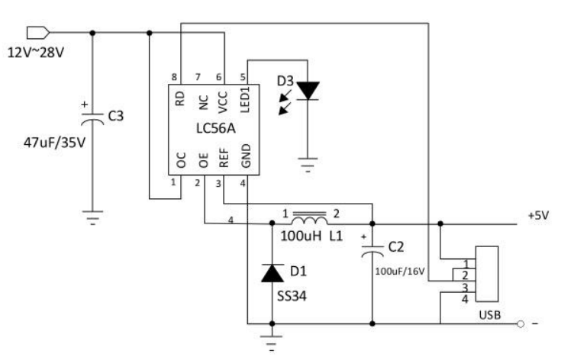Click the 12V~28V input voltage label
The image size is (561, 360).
[36, 53]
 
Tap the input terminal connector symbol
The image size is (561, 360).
[38, 33]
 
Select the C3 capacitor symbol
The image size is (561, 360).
[92, 119]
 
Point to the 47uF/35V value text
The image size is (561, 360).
[54, 143]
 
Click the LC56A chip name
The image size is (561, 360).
[216, 128]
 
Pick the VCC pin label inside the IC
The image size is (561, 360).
[223, 102]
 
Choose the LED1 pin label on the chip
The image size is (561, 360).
[245, 100]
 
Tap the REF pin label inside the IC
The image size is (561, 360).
[224, 158]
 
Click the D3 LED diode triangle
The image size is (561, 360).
[308, 91]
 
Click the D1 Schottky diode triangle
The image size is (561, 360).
[272, 273]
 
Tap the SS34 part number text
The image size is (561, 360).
[292, 297]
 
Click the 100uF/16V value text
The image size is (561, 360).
[400, 272]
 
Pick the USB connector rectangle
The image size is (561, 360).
[487, 275]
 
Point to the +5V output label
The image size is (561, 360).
[538, 216]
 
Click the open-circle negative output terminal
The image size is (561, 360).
[521, 324]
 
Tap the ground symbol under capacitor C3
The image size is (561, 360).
[92, 217]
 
